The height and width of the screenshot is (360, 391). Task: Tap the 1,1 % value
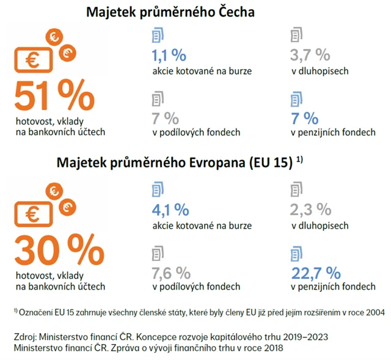pyautogui.click(x=168, y=56)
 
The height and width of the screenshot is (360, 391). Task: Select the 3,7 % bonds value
pyautogui.click(x=311, y=56)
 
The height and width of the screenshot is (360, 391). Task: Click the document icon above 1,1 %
pyautogui.click(x=158, y=35)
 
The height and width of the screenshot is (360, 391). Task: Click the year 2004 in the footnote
pyautogui.click(x=375, y=312)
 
